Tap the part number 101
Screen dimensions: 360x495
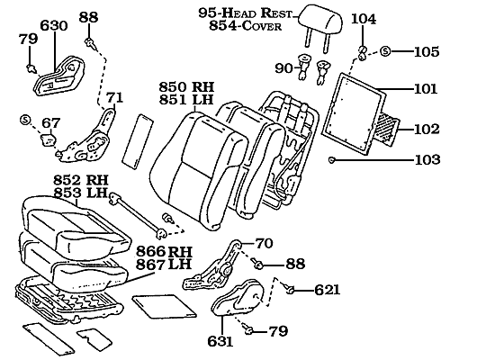tap(426, 90)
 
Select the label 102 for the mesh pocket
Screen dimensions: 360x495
tap(426, 129)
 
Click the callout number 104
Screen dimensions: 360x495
tap(364, 19)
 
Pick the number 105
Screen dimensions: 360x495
tap(426, 51)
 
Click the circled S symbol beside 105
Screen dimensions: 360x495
tap(384, 51)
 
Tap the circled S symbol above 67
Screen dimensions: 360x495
tap(25, 121)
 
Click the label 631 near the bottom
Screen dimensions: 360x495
tap(220, 342)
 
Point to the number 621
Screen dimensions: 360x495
tap(327, 291)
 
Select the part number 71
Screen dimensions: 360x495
tap(114, 97)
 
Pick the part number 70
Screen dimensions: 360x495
tap(263, 243)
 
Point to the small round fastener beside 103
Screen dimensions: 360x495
tap(332, 159)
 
